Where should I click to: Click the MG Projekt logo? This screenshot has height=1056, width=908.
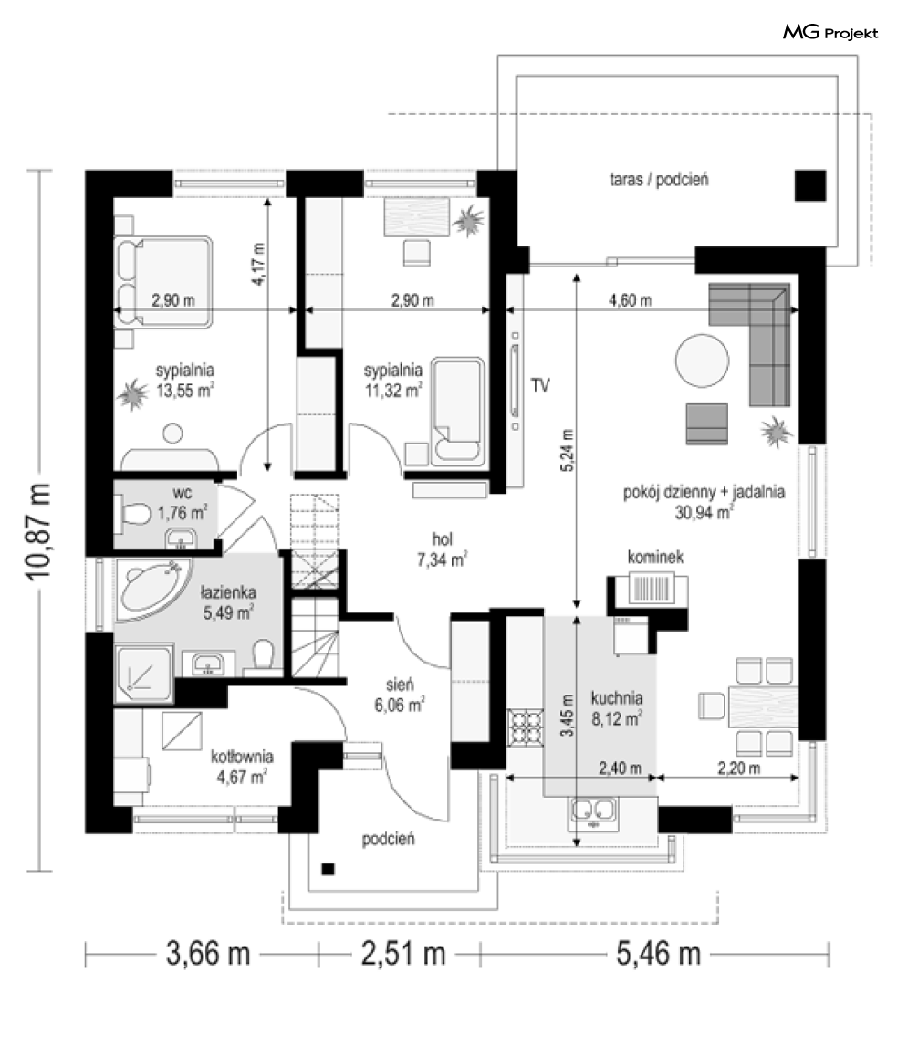830,32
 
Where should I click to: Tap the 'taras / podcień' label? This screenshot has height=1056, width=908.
659,179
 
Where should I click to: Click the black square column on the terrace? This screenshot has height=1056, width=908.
809,185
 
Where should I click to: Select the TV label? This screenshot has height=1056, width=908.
540,385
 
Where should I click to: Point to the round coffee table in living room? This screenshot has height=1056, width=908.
702,361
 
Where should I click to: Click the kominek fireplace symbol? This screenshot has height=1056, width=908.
651,588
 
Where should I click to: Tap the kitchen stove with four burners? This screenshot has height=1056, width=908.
526,728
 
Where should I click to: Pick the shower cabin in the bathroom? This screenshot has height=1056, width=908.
143,674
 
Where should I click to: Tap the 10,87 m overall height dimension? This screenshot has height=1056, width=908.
38,530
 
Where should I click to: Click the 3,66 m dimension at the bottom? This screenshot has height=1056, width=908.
208,954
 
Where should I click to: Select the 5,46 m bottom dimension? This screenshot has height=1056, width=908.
659,954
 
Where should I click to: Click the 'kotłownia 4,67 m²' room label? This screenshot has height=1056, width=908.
242,767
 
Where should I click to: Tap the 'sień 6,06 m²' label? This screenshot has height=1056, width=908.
400,695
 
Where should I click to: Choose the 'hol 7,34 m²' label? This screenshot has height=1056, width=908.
443,549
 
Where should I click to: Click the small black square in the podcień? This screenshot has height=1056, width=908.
328,869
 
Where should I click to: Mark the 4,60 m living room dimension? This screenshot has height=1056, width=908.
631,300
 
